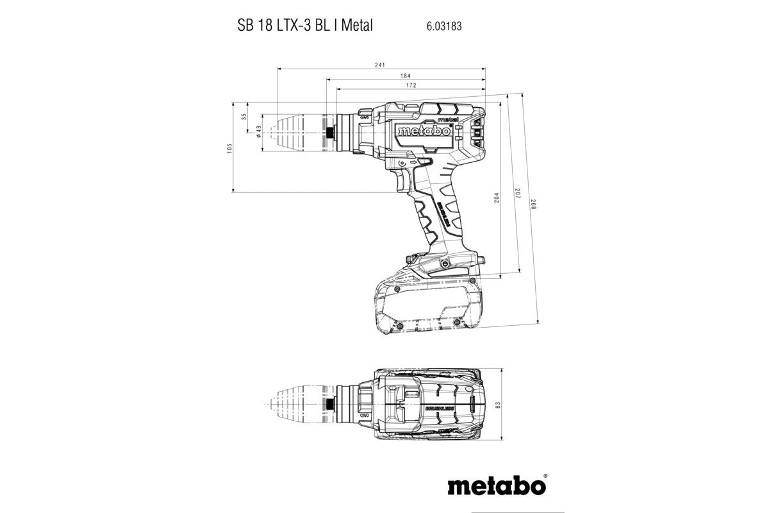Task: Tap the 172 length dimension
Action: [411, 85]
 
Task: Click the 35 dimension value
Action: [244, 117]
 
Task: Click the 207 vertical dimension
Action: [516, 192]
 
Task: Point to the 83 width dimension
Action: [497, 405]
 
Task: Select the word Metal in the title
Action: [357, 27]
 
